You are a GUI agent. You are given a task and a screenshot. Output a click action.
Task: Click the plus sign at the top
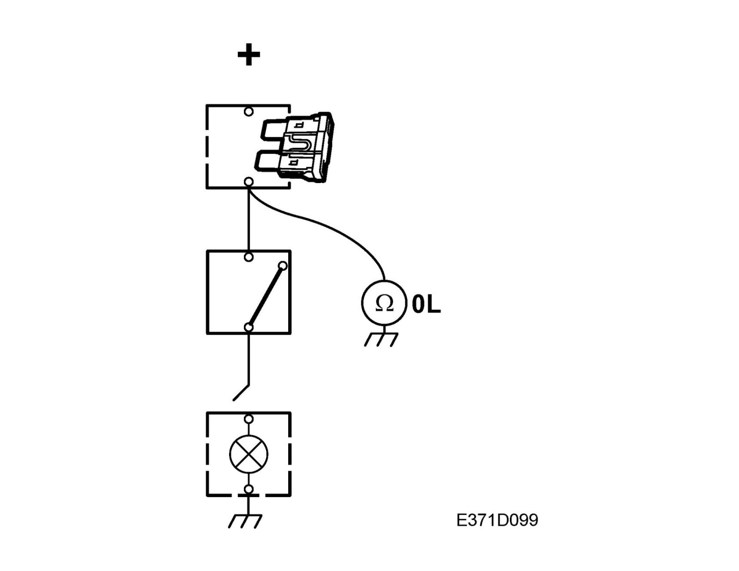click(248, 55)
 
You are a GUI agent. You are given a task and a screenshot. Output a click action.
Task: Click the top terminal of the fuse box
click(248, 111)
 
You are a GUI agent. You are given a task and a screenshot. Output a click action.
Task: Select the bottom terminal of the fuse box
click(248, 182)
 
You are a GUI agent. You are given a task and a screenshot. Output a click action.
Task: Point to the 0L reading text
click(426, 305)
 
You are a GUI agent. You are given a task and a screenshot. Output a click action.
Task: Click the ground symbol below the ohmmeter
click(381, 339)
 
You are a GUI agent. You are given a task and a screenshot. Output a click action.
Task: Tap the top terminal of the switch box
click(248, 257)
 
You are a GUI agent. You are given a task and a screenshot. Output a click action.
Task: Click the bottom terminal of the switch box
click(248, 327)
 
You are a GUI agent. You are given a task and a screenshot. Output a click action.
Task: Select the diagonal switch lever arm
click(266, 296)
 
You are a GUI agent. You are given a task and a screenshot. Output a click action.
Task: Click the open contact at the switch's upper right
click(283, 266)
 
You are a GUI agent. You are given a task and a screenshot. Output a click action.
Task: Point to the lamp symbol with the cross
click(248, 454)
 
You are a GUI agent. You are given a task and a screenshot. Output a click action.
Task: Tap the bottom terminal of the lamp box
click(248, 489)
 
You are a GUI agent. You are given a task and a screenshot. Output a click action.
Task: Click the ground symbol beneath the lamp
click(246, 520)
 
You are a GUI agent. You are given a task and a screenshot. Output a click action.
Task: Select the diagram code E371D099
click(497, 521)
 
